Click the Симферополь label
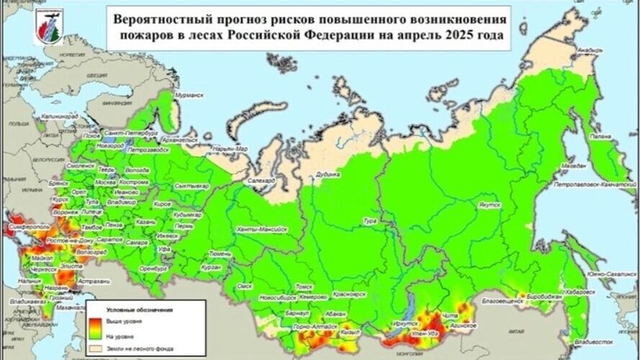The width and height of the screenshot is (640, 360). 25,226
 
